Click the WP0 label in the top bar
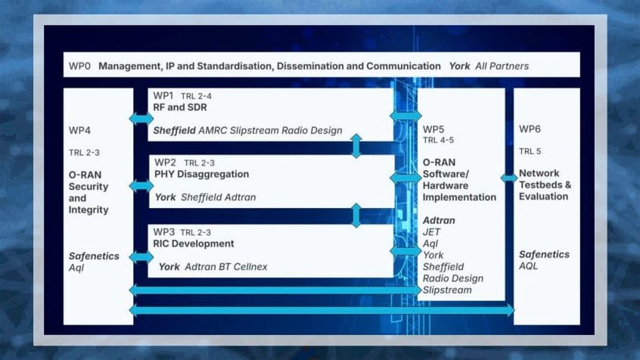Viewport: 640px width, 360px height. click(79, 66)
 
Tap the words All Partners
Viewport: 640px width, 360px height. click(502, 66)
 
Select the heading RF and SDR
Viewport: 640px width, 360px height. click(180, 107)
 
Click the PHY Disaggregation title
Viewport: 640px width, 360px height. click(202, 174)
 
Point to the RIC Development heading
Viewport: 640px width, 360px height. click(194, 244)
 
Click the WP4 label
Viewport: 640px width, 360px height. click(79, 131)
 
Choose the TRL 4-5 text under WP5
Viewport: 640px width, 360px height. click(438, 141)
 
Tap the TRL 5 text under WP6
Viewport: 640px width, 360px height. click(530, 151)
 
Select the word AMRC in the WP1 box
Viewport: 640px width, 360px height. click(213, 131)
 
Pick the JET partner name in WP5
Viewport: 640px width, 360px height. click(431, 232)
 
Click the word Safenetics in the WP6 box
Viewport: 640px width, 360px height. click(544, 255)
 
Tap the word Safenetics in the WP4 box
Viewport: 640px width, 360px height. click(94, 256)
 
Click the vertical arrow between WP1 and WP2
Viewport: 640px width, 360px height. click(356, 146)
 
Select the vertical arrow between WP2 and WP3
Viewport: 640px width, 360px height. click(356, 215)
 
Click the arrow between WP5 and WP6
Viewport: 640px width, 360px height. click(509, 178)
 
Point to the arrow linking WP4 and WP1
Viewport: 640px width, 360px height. click(141, 119)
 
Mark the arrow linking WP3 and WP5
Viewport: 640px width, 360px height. click(405, 250)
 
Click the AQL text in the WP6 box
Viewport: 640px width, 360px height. click(528, 266)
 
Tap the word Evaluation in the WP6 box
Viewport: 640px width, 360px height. click(543, 197)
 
